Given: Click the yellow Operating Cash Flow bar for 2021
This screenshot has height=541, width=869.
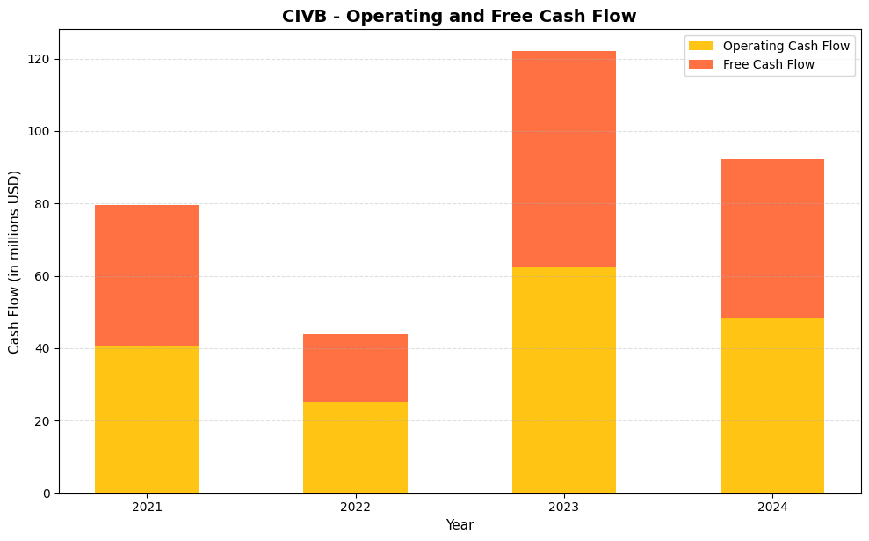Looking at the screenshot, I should point(147,420).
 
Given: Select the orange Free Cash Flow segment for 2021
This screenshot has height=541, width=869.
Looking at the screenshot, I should point(147,275).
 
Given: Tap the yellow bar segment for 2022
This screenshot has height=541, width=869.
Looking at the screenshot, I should point(355,448).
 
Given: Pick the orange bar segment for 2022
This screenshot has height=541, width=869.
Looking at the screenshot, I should point(355,368).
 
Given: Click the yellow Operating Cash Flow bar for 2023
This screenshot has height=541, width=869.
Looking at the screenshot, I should point(563,380).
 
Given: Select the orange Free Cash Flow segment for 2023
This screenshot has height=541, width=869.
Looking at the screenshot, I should point(563,159).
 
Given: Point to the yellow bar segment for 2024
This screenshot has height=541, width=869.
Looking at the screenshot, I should point(771,406).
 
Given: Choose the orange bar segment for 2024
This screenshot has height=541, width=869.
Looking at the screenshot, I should point(771,239).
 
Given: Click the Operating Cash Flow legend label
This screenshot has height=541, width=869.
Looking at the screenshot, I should point(786,46).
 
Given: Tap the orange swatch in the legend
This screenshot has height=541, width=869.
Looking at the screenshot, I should point(701,64).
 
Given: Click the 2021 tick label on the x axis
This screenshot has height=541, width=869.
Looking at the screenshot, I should point(147,507).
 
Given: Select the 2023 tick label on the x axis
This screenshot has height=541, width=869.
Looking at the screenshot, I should point(563,507).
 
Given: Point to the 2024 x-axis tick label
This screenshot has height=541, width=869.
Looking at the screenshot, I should point(771,507).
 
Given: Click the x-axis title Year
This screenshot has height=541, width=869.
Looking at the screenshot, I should point(460,525).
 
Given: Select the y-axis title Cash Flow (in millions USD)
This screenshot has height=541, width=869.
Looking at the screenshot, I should point(14,262).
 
